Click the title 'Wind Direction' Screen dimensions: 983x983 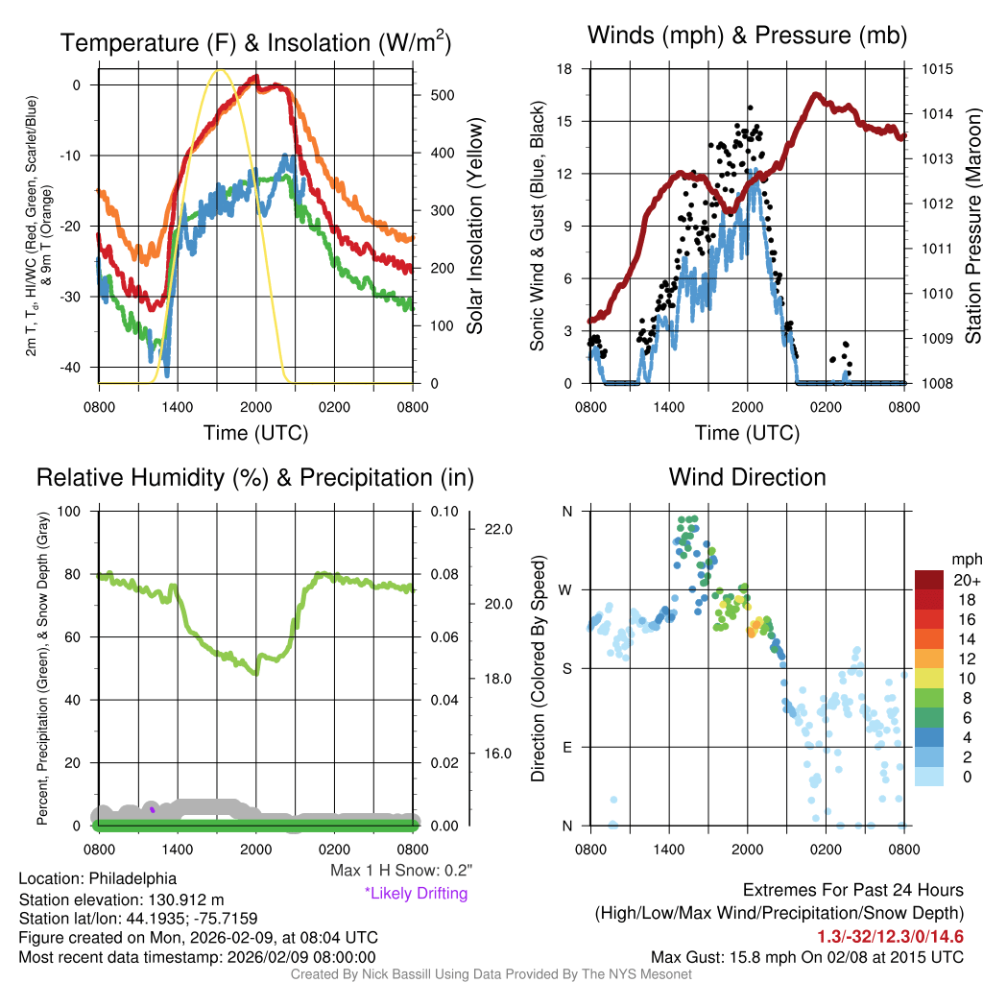point(747,477)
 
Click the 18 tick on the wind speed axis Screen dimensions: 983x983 point(565,69)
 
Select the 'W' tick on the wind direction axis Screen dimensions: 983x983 point(566,589)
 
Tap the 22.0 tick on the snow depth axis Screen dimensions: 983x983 point(498,529)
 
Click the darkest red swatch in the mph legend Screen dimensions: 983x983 point(934,580)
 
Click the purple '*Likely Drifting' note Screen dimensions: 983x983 point(416,893)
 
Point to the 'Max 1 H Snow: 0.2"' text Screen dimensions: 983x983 point(401,871)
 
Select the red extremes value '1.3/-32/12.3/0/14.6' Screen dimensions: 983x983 point(890,937)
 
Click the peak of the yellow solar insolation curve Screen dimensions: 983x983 point(220,70)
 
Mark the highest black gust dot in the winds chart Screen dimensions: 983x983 point(750,108)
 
